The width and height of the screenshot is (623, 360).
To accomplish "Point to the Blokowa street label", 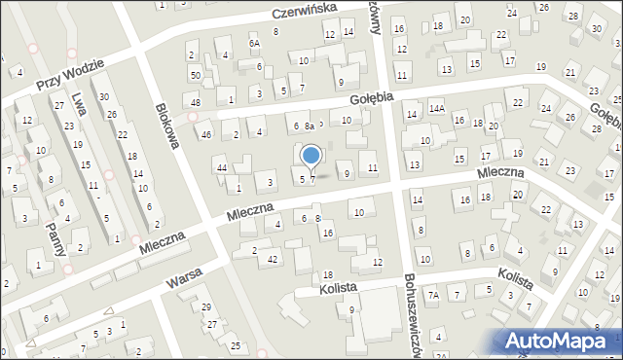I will (167, 126).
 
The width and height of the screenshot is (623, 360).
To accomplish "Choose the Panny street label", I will (56, 236).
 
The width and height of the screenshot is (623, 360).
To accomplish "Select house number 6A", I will (254, 43).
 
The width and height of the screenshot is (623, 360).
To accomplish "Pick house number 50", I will (196, 75).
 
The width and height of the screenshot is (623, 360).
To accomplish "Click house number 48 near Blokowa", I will (196, 102).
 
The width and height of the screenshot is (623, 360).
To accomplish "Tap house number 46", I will (205, 135).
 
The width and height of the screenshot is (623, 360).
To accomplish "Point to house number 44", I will (222, 168).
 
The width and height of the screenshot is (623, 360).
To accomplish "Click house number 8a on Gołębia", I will (309, 126).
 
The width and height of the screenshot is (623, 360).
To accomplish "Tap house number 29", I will (206, 307).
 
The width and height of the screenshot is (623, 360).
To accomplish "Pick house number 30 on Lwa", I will (103, 96).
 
